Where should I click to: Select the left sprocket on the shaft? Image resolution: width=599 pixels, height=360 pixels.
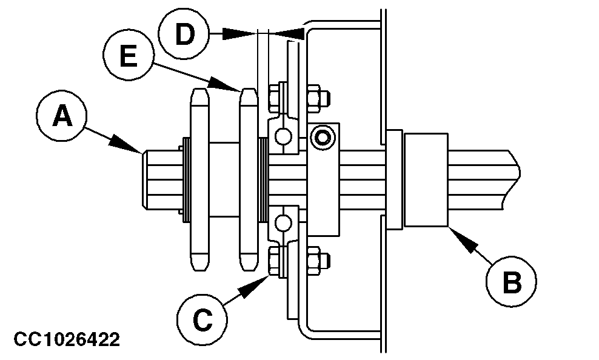200,179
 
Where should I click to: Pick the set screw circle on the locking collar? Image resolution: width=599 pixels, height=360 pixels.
322,138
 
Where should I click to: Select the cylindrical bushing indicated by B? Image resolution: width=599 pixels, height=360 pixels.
426,179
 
